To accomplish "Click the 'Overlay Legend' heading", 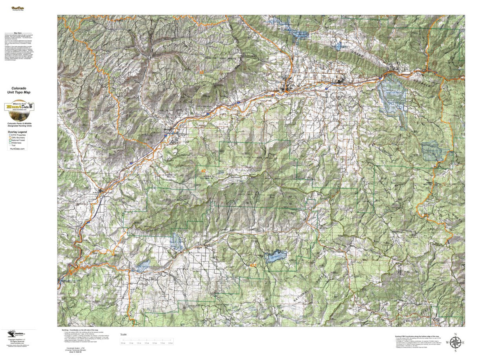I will pyautogui.click(x=18, y=132).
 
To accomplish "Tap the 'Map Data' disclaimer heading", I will pyautogui.click(x=18, y=34).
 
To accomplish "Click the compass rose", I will pyautogui.click(x=455, y=342).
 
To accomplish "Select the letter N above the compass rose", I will pyautogui.click(x=455, y=334).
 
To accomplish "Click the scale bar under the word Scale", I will pyautogui.click(x=147, y=341).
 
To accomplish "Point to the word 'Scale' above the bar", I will pyautogui.click(x=124, y=334).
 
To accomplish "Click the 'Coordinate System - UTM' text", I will pyautogui.click(x=76, y=348).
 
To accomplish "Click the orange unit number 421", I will pyautogui.click(x=252, y=265).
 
